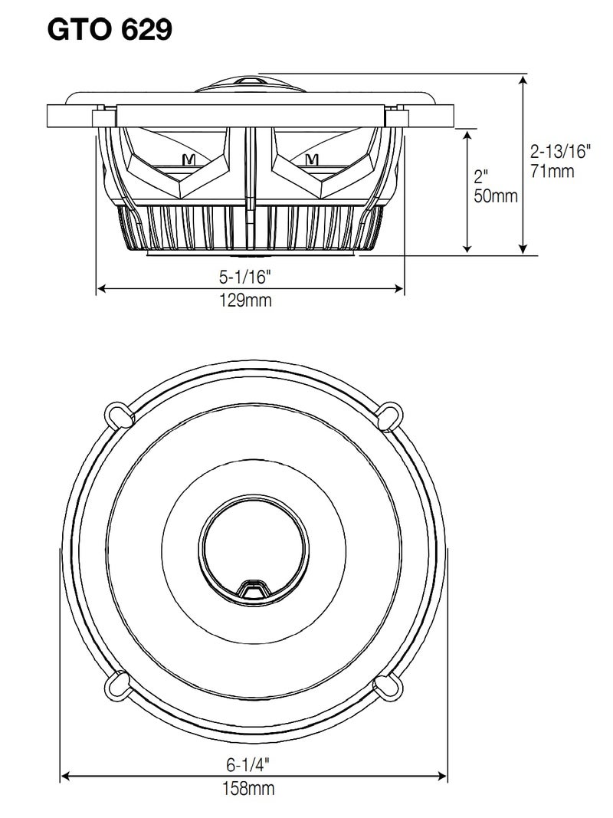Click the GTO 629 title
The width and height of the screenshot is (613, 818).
pyautogui.click(x=110, y=29)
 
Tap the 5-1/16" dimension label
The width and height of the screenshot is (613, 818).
pyautogui.click(x=250, y=276)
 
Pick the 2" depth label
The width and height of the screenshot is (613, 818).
pyautogui.click(x=481, y=176)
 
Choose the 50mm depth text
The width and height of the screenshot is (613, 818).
pyautogui.click(x=496, y=196)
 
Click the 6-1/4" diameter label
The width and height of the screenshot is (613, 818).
pyautogui.click(x=250, y=764)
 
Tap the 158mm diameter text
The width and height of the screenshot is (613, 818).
pyautogui.click(x=250, y=788)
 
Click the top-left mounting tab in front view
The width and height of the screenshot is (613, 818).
pyautogui.click(x=117, y=412)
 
